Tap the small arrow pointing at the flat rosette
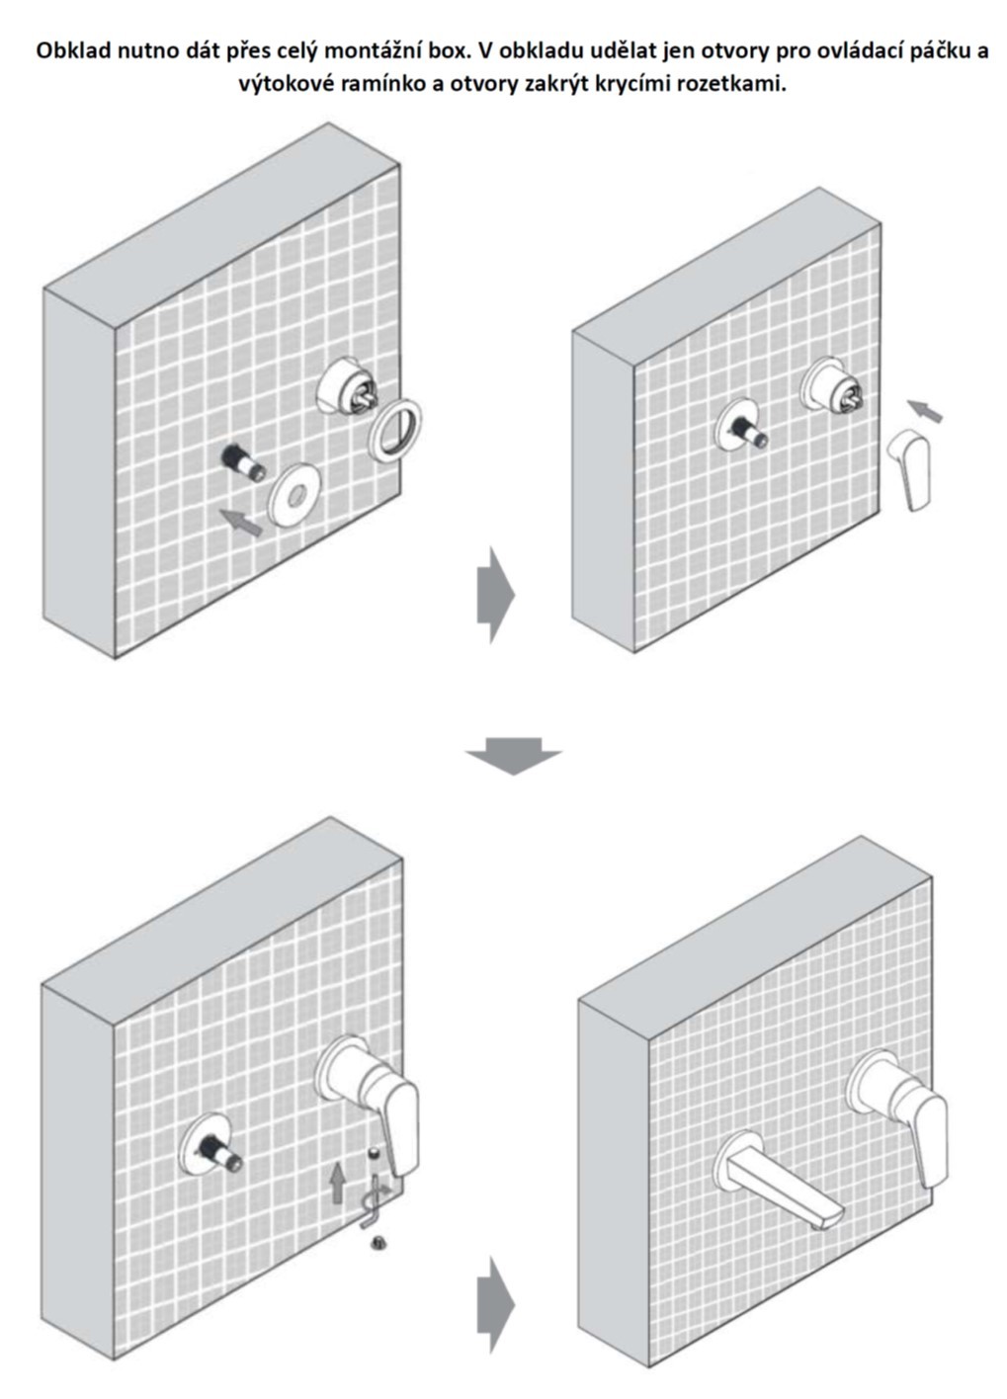point(242,522)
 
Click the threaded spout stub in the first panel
point(244,460)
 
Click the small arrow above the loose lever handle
point(925,409)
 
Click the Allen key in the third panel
point(375,1201)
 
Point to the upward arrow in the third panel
point(338,1182)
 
